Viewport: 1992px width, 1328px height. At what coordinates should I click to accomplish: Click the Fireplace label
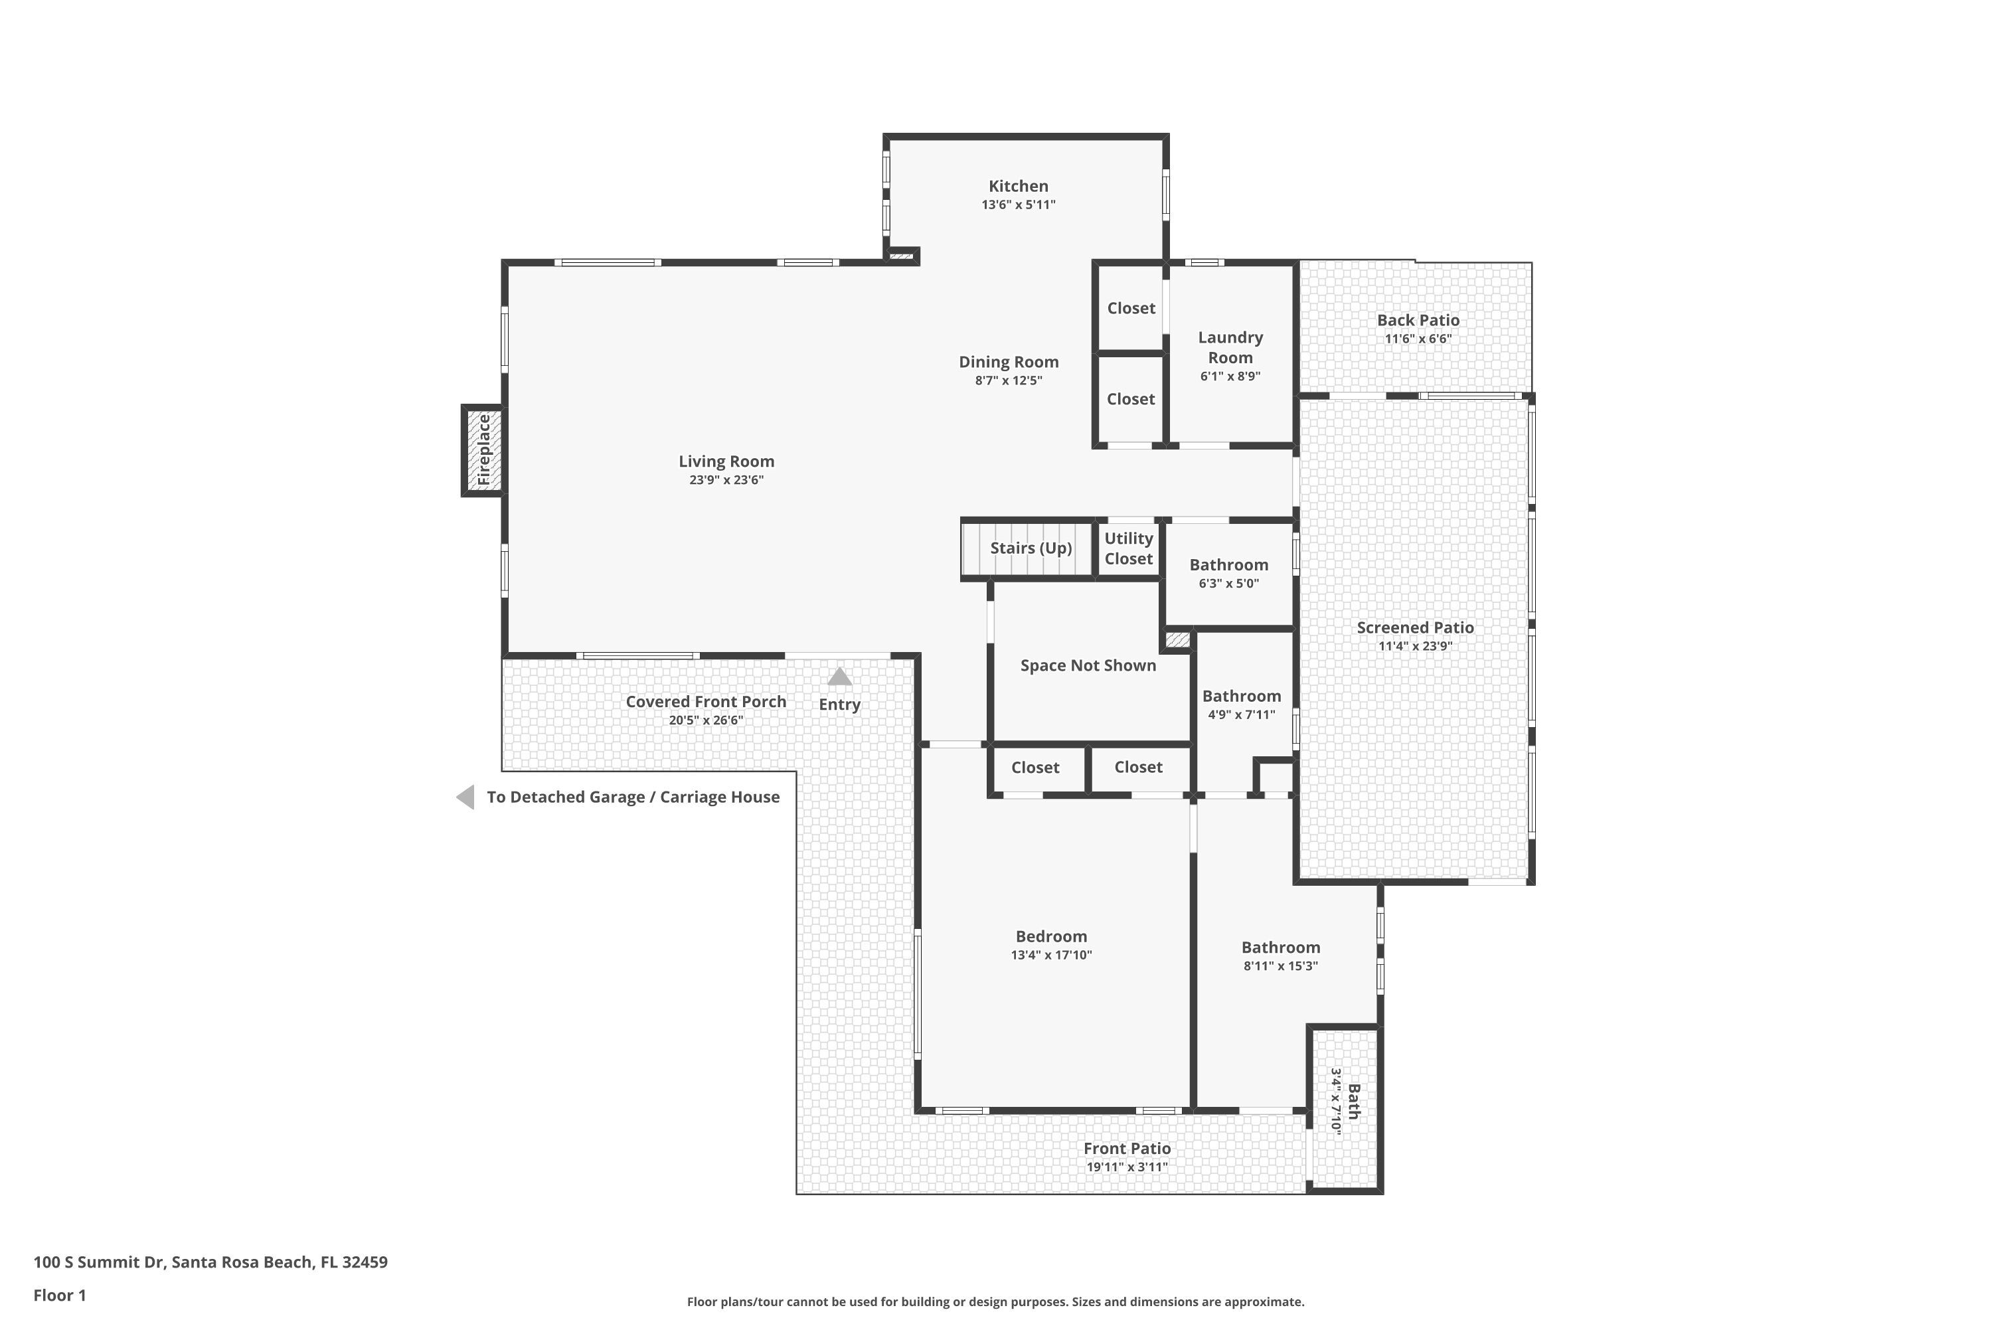pyautogui.click(x=483, y=450)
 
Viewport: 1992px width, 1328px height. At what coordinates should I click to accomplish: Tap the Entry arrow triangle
pyautogui.click(x=839, y=677)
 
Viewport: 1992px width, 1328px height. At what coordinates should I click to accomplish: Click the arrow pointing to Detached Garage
pyautogui.click(x=465, y=797)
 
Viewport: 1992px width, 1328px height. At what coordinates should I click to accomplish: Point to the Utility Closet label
pyautogui.click(x=1129, y=549)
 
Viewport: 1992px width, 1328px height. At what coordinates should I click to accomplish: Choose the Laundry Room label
pyautogui.click(x=1230, y=347)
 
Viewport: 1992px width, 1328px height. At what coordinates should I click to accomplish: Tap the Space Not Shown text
pyautogui.click(x=1088, y=666)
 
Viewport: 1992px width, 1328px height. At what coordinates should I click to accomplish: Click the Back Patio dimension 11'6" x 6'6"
pyautogui.click(x=1418, y=339)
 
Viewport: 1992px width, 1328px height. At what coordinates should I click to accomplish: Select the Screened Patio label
pyautogui.click(x=1415, y=627)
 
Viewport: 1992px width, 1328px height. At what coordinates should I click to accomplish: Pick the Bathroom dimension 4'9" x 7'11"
pyautogui.click(x=1242, y=715)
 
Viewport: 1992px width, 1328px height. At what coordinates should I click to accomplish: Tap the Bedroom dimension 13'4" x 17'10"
pyautogui.click(x=1052, y=955)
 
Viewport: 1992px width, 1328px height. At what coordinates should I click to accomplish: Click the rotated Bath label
pyautogui.click(x=1353, y=1101)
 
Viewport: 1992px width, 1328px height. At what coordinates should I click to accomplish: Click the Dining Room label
pyautogui.click(x=1009, y=362)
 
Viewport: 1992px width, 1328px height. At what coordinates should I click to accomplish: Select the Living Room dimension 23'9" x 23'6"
pyautogui.click(x=726, y=480)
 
